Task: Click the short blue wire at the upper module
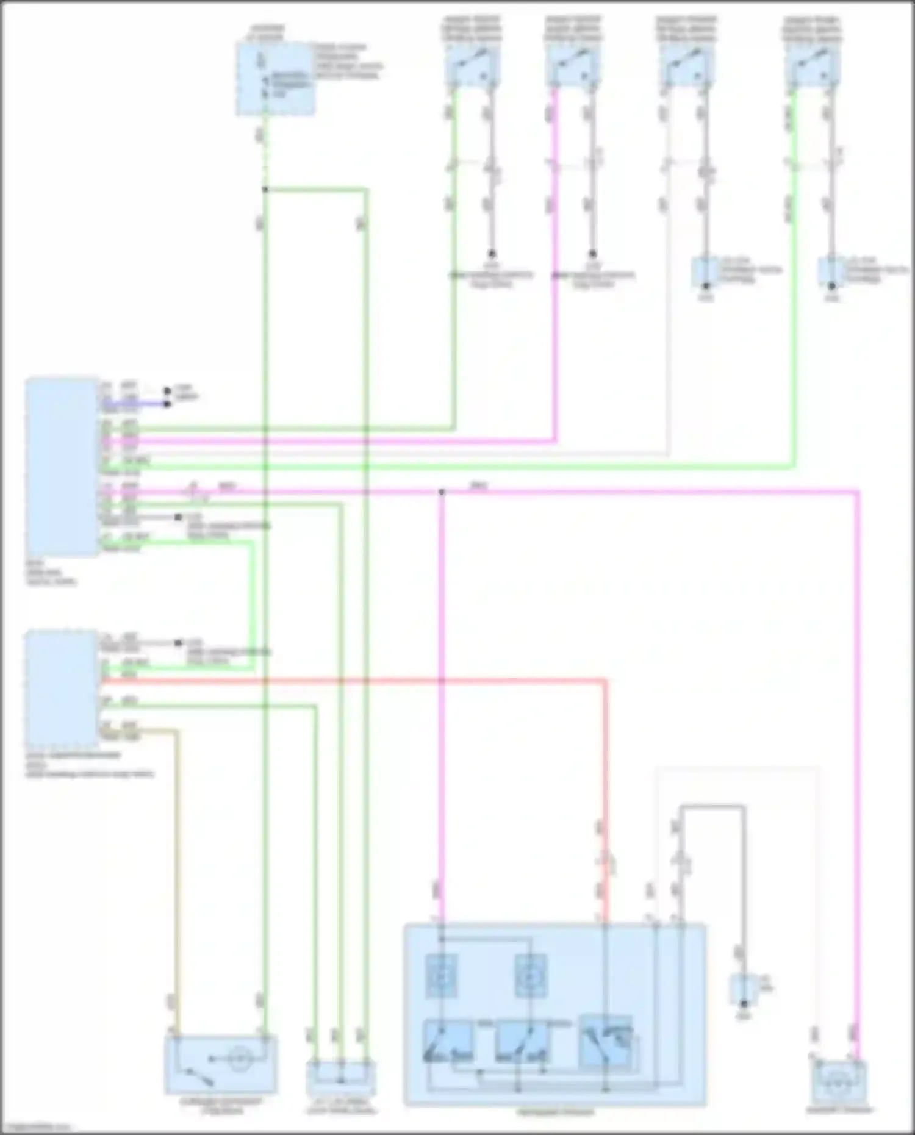pyautogui.click(x=134, y=403)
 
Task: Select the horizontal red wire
pyautogui.click(x=354, y=679)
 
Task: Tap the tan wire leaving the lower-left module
pyautogui.click(x=177, y=854)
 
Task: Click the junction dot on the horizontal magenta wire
pyautogui.click(x=442, y=492)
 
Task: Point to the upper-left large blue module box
pyautogui.click(x=62, y=467)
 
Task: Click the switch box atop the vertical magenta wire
pyautogui.click(x=573, y=66)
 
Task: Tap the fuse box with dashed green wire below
pyautogui.click(x=276, y=78)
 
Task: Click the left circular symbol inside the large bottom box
pyautogui.click(x=440, y=976)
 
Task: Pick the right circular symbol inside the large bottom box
pyautogui.click(x=530, y=976)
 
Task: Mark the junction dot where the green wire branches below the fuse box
pyautogui.click(x=265, y=190)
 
